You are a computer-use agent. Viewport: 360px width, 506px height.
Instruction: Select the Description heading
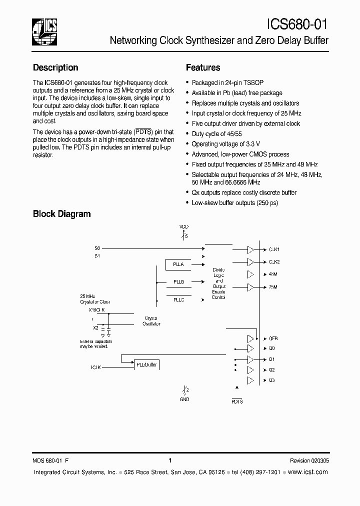[x=55, y=68]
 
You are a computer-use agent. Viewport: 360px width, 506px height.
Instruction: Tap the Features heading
[x=203, y=68]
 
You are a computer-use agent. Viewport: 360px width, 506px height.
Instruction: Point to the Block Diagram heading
[x=61, y=214]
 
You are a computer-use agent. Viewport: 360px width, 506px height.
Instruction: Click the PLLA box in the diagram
[x=178, y=264]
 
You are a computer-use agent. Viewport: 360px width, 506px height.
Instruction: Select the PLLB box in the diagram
[x=178, y=282]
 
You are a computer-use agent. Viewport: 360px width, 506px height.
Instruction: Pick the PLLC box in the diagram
[x=178, y=299]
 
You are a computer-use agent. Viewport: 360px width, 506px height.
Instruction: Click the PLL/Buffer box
[x=146, y=364]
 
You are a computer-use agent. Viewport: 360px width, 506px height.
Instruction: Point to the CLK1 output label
[x=274, y=249]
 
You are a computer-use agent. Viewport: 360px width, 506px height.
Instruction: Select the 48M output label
[x=273, y=274]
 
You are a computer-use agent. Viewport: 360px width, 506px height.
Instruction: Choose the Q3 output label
[x=271, y=380]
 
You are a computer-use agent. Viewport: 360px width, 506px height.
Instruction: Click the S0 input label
[x=97, y=248]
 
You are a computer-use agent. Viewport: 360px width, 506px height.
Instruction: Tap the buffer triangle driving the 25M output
[x=250, y=287]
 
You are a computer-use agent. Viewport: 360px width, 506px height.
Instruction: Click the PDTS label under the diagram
[x=237, y=401]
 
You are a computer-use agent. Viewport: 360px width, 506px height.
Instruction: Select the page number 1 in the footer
[x=170, y=461]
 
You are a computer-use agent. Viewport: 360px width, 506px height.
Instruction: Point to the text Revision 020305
[x=309, y=461]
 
